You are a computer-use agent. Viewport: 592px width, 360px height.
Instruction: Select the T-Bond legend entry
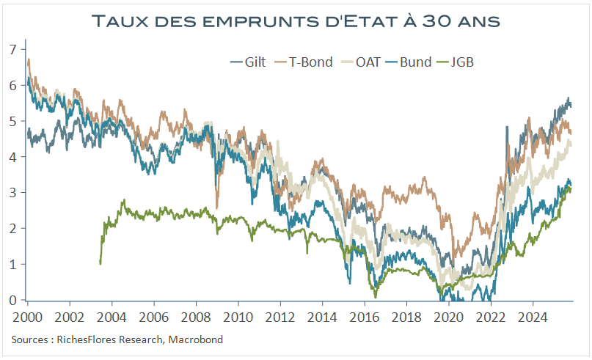[305, 62]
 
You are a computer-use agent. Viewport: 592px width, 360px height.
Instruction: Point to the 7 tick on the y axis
[12, 49]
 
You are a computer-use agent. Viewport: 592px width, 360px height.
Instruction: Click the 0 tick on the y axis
[12, 300]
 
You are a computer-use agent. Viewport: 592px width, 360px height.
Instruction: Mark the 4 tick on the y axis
[12, 156]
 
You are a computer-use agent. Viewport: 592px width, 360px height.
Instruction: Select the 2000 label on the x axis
[26, 319]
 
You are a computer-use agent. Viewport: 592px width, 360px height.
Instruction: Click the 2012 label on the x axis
[279, 319]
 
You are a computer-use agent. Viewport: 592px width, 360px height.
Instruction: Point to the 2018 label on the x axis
[406, 319]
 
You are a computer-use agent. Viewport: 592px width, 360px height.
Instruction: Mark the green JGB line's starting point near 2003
[101, 262]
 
